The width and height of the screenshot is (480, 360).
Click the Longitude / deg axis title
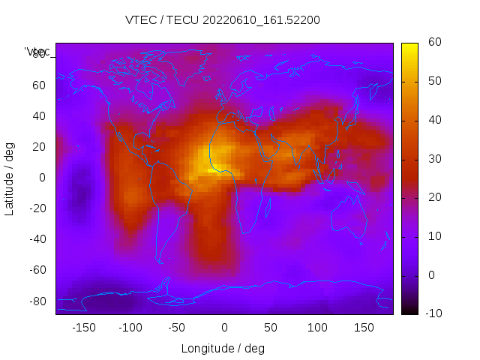tap(223, 349)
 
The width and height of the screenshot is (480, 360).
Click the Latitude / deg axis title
tap(10, 178)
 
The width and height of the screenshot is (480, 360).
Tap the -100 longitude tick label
tap(130, 328)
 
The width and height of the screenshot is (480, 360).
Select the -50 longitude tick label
tap(177, 328)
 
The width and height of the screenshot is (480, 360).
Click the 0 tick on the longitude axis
tap(224, 328)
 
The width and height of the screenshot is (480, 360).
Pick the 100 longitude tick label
tap(317, 328)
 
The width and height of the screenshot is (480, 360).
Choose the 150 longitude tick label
tap(364, 328)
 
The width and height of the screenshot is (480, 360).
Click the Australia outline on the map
tap(349, 216)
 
